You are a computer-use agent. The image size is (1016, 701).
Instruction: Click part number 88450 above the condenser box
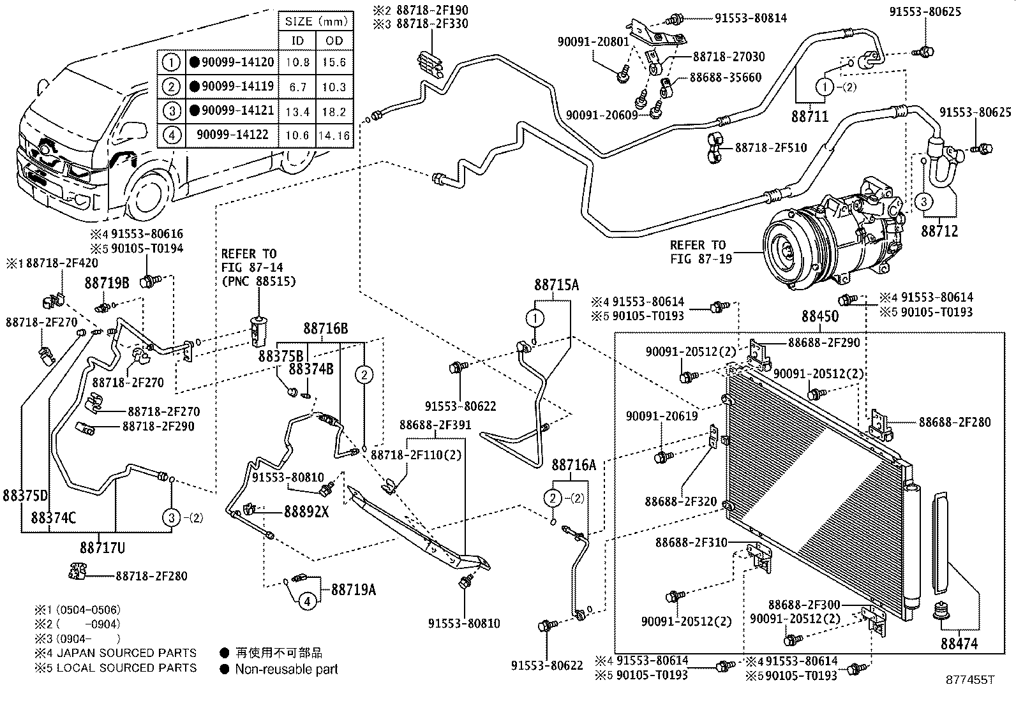(x=819, y=316)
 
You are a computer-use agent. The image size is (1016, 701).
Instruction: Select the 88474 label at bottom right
(x=959, y=645)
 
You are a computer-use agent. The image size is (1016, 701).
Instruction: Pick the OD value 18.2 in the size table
(x=334, y=111)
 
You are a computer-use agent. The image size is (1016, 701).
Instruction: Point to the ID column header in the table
(x=297, y=41)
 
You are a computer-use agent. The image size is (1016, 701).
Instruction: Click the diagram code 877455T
(x=969, y=680)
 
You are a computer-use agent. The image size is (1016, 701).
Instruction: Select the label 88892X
(x=306, y=511)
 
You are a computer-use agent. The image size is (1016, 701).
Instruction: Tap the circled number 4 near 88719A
(x=307, y=601)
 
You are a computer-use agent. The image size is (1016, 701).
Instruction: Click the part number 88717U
(x=102, y=548)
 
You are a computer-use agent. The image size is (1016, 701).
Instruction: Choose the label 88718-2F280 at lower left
(x=151, y=576)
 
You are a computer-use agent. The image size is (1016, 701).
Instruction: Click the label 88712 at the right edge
(x=939, y=230)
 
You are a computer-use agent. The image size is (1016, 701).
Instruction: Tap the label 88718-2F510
(x=770, y=148)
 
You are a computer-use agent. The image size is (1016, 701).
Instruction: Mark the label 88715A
(x=556, y=286)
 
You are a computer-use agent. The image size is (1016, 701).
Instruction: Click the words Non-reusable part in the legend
(x=286, y=669)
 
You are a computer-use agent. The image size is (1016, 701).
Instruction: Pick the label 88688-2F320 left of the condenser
(x=680, y=501)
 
